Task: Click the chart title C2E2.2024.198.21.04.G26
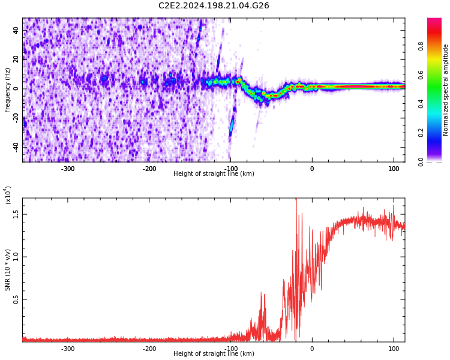pyautogui.click(x=214, y=6)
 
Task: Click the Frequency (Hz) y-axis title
pyautogui.click(x=8, y=89)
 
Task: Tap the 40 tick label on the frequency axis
pyautogui.click(x=16, y=31)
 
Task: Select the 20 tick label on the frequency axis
pyautogui.click(x=16, y=59)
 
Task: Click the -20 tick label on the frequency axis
pyautogui.click(x=15, y=118)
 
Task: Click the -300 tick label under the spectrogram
pyautogui.click(x=67, y=169)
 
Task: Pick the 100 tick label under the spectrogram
pyautogui.click(x=394, y=169)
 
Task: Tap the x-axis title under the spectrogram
pyautogui.click(x=214, y=174)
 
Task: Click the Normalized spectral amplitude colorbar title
pyautogui.click(x=446, y=89)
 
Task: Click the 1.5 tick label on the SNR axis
pyautogui.click(x=16, y=214)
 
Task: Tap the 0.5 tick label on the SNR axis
pyautogui.click(x=16, y=299)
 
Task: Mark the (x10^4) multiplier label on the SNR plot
pyautogui.click(x=8, y=195)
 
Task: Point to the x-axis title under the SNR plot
pyautogui.click(x=214, y=354)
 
